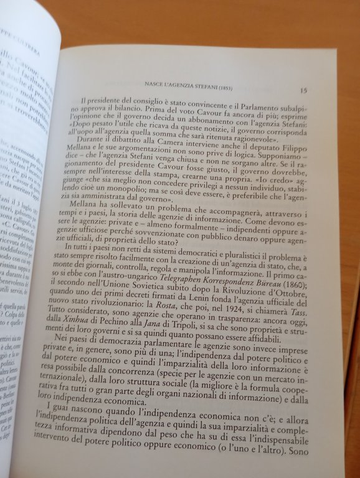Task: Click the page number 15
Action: [302, 90]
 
